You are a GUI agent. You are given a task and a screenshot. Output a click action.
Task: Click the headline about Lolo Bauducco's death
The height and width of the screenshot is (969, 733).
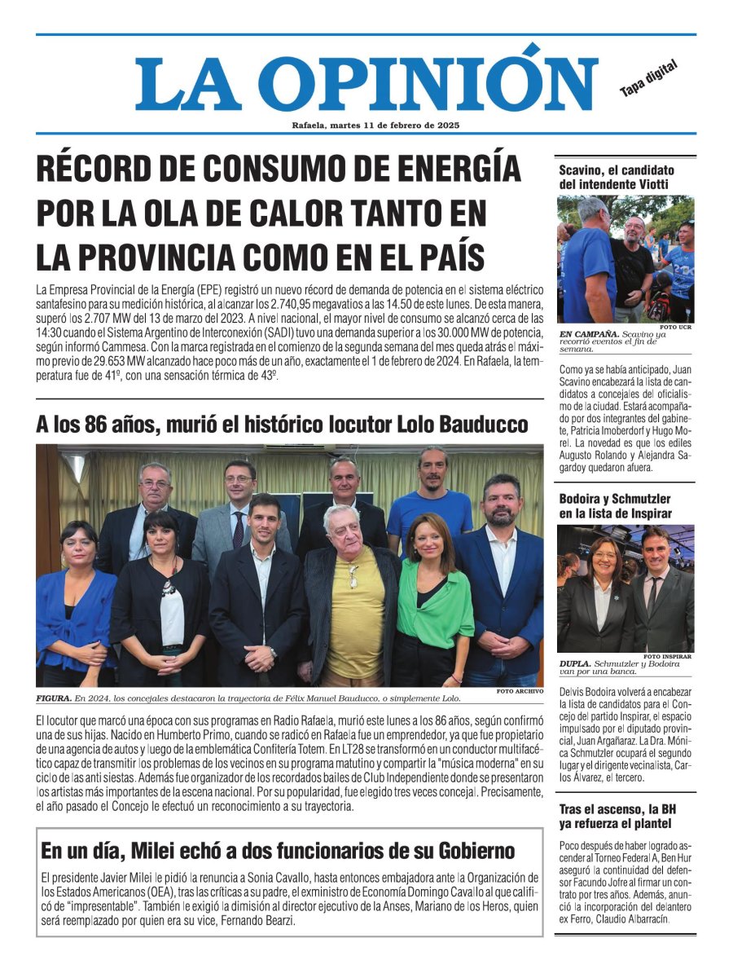coord(282,425)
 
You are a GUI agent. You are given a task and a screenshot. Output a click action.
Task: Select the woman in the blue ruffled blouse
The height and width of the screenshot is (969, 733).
coord(75,607)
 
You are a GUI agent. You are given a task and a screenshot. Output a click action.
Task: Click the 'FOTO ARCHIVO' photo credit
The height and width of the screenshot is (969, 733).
coord(519,691)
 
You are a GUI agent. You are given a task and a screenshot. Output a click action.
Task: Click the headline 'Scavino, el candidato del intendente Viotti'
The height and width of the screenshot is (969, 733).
coord(617,177)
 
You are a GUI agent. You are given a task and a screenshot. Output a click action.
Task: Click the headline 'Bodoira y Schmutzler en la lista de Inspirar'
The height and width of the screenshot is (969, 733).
coord(616,506)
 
